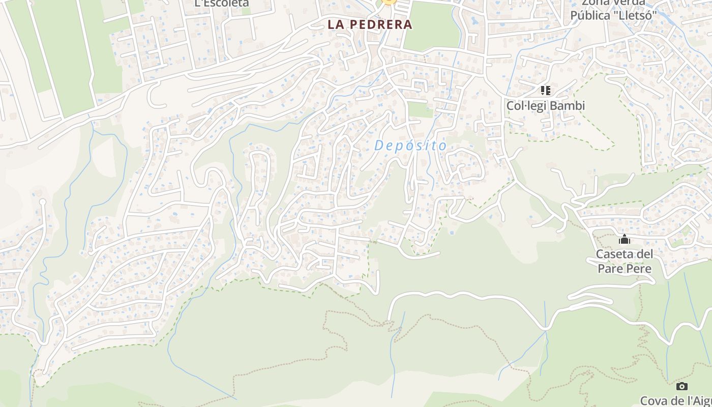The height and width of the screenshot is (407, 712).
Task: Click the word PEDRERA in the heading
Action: click(x=380, y=24)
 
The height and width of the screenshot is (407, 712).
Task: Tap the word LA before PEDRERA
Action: click(x=336, y=24)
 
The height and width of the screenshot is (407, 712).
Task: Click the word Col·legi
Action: click(x=527, y=106)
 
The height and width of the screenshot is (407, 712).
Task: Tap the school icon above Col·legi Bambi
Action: click(x=546, y=91)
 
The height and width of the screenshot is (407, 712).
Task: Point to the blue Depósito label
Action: click(x=410, y=146)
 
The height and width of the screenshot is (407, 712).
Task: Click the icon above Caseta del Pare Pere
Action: click(x=625, y=240)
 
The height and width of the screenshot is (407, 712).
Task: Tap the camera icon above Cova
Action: click(x=682, y=387)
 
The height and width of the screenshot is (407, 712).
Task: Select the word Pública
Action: click(x=590, y=15)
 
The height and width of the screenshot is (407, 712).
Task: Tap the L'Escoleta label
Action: click(x=222, y=3)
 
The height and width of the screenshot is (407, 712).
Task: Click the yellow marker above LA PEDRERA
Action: click(x=389, y=2)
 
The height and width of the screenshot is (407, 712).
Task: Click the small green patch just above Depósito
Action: click(x=420, y=110)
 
